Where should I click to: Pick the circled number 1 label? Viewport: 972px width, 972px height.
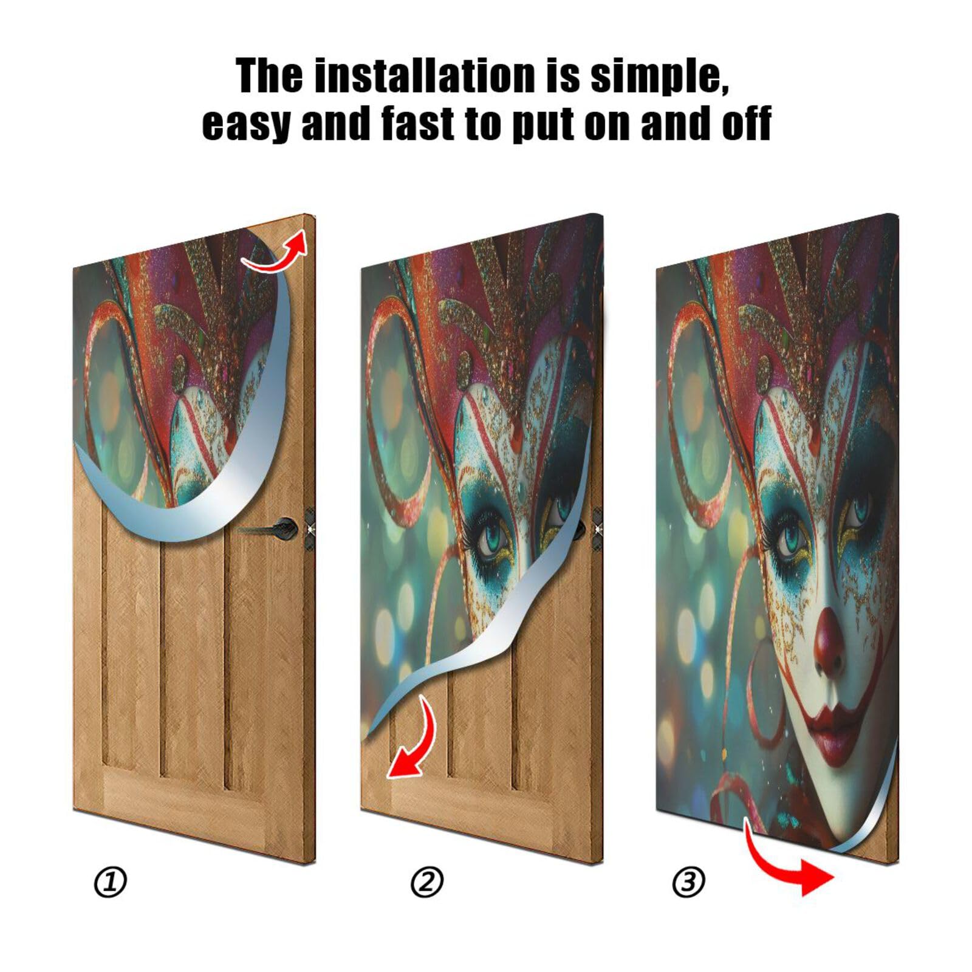(110, 882)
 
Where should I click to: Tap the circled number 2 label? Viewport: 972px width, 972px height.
(427, 882)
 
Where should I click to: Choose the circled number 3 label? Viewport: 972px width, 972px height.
(688, 882)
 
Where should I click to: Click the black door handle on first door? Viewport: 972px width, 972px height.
(282, 527)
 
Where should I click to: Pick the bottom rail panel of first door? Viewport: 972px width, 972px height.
(182, 796)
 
